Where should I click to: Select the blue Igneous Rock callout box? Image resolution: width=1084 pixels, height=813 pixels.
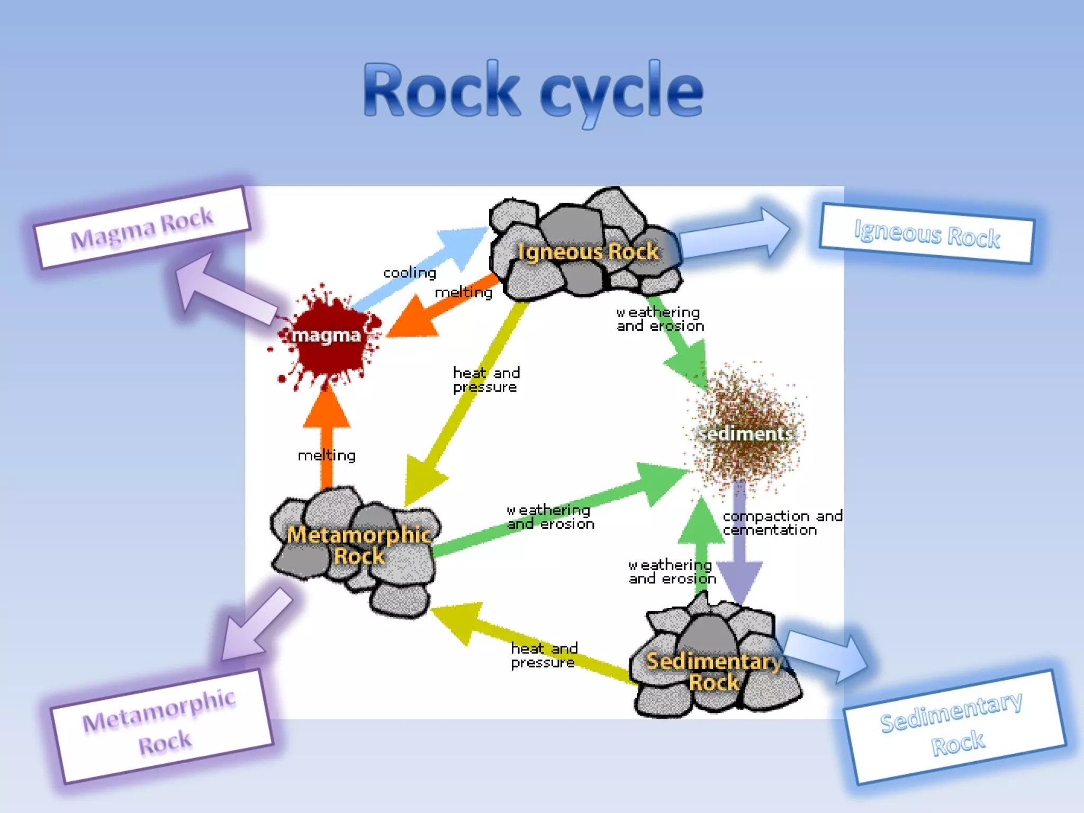tap(926, 233)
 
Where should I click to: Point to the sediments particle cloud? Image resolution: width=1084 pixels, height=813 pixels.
tap(746, 429)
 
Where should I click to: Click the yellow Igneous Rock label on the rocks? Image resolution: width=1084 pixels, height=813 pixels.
tap(588, 251)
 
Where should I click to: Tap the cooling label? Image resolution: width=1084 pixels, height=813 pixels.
tap(409, 273)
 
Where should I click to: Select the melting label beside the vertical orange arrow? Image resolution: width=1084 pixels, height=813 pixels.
tap(327, 455)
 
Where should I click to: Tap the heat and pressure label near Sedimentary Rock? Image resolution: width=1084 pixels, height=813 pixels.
tap(544, 655)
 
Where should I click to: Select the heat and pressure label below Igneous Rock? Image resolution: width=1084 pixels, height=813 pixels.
tap(486, 380)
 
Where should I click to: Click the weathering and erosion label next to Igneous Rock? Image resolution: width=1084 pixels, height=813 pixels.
tap(660, 319)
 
